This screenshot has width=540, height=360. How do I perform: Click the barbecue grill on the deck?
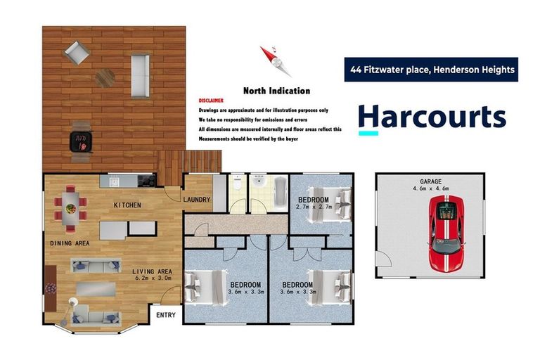82,141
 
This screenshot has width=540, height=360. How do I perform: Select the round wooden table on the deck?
105,77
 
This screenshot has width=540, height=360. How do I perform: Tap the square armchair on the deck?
75,51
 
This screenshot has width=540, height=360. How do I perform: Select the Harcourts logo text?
432,117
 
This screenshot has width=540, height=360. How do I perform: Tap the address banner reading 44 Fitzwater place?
431,70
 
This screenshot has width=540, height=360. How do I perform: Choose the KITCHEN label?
128,205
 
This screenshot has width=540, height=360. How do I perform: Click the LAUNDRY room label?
196,200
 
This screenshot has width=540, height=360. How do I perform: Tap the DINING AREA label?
69,243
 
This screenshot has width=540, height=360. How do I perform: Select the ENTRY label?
166,315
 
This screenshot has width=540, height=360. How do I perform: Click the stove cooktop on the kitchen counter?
146,181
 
